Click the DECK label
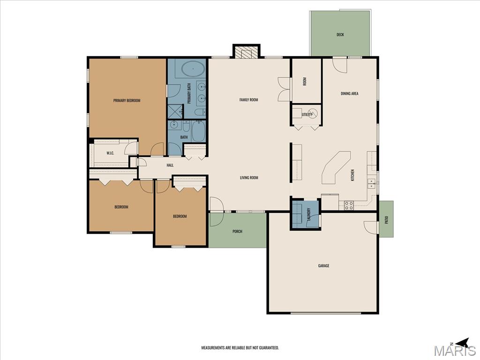pyautogui.click(x=340, y=35)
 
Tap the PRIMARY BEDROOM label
pyautogui.click(x=127, y=100)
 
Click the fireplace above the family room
pyautogui.click(x=246, y=51)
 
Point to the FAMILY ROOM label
pyautogui.click(x=248, y=99)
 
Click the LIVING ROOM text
pyautogui.click(x=249, y=178)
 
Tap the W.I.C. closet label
pyautogui.click(x=110, y=153)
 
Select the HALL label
pyautogui.click(x=170, y=165)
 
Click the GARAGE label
pyautogui.click(x=323, y=266)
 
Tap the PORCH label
pyautogui.click(x=237, y=232)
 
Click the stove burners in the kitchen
pyautogui.click(x=349, y=205)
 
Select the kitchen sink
pyautogui.click(x=371, y=184)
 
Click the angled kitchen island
pyautogui.click(x=336, y=168)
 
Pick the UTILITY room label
pyautogui.click(x=307, y=114)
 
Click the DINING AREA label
pyautogui.click(x=350, y=93)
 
